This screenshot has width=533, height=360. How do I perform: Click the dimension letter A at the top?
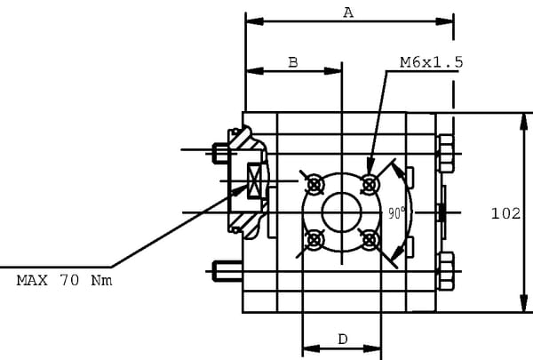(x=348, y=12)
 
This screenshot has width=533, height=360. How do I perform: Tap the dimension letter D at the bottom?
(x=342, y=339)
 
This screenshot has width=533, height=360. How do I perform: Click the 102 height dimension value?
(x=505, y=213)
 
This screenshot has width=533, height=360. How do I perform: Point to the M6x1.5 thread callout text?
(x=431, y=62)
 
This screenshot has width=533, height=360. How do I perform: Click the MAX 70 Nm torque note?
(x=64, y=280)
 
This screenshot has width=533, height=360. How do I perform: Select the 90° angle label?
(x=396, y=212)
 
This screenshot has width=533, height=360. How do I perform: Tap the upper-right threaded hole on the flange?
(x=370, y=184)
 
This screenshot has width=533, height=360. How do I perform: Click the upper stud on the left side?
(x=222, y=153)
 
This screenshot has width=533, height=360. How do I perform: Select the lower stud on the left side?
(x=222, y=269)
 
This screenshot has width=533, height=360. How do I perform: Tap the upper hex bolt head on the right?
(x=445, y=154)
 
